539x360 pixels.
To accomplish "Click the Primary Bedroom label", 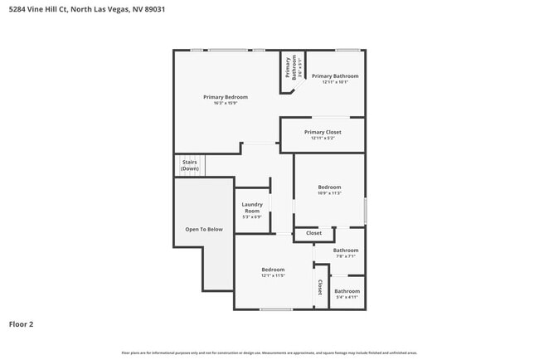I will click(226, 97).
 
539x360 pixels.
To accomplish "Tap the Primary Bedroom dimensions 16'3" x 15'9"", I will click(226, 104).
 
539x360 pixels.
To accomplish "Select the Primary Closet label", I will click(323, 132).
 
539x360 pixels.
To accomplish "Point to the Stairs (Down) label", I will click(190, 165).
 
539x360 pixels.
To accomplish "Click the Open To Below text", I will click(203, 229).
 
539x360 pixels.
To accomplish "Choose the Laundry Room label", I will click(252, 207).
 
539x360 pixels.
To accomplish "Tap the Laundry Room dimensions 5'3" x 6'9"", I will click(252, 217).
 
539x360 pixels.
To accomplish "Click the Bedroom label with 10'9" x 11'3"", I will click(329, 187).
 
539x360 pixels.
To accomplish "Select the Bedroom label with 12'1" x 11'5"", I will click(273, 270).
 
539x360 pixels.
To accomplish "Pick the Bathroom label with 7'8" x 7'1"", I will click(346, 251).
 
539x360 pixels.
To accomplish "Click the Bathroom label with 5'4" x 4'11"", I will click(347, 291).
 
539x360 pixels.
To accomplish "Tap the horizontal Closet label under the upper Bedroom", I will click(313, 233).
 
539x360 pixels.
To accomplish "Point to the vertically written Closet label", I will click(320, 287).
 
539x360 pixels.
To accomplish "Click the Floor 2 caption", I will click(21, 324).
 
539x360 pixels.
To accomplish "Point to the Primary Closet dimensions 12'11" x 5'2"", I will click(323, 139).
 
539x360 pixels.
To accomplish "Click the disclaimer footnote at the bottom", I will click(269, 353).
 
